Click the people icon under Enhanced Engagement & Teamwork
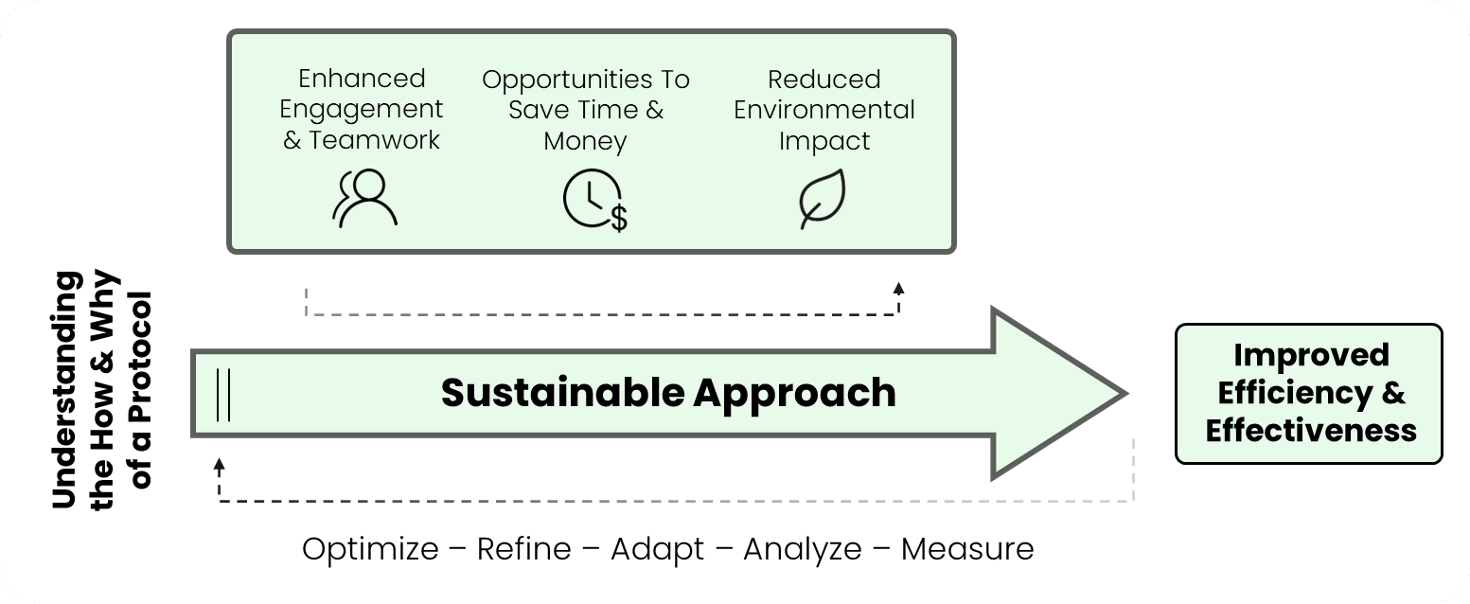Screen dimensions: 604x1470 tap(364, 199)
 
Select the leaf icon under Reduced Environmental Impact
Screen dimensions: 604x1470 tap(822, 199)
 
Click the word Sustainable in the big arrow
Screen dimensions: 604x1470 tap(563, 393)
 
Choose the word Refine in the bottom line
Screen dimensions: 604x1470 tap(524, 549)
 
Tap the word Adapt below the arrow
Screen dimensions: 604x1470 tap(657, 549)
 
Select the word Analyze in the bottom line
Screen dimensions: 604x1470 tap(803, 549)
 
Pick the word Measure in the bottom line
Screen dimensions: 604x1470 tap(967, 549)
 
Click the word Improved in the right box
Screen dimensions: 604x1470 tap(1311, 356)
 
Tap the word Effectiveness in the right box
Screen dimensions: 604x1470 tap(1311, 431)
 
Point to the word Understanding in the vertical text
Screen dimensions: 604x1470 tap(65, 390)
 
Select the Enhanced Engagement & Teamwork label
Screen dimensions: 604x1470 tap(362, 109)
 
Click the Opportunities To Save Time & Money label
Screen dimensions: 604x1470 tap(586, 110)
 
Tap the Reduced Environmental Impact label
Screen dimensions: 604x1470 tap(824, 110)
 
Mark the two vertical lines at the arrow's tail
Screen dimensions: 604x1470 tap(222, 394)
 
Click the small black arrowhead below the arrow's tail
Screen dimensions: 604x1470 tap(220, 464)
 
